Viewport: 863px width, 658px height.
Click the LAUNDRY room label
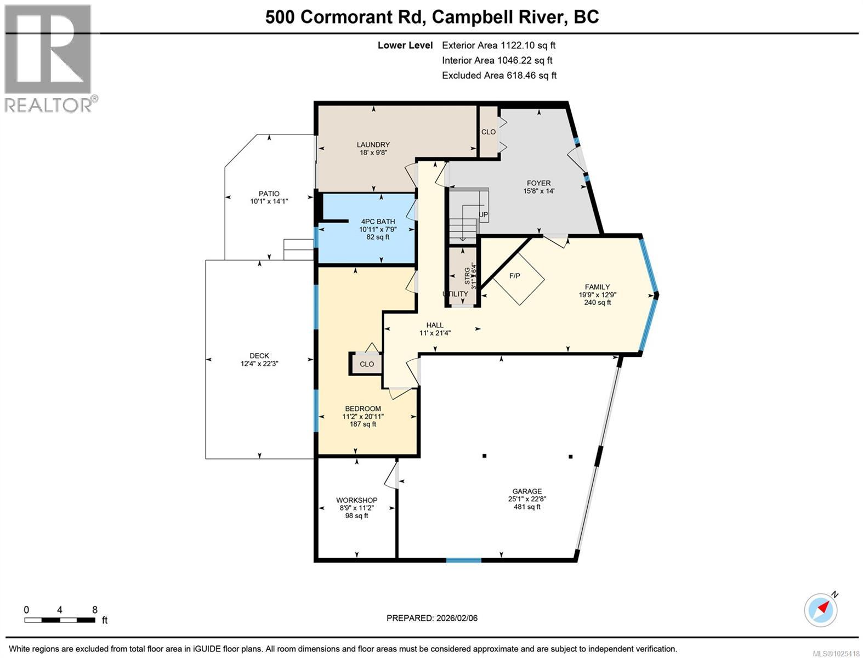[x=375, y=145]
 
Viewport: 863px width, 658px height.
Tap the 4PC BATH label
[x=378, y=222]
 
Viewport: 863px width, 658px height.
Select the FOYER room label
[x=538, y=183]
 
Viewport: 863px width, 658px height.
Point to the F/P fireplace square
[x=518, y=278]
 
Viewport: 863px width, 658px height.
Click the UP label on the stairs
[x=484, y=214]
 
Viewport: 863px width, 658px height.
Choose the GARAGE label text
[x=527, y=491]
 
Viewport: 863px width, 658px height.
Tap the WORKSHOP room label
[x=356, y=500]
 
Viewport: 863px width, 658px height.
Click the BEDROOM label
[x=362, y=409]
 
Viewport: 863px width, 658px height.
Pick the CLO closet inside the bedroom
[x=366, y=364]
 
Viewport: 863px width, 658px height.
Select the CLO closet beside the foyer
[x=488, y=132]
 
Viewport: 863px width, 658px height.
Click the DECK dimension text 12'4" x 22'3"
[x=259, y=364]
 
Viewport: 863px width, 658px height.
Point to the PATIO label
[x=269, y=194]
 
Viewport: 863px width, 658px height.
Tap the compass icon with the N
[x=821, y=610]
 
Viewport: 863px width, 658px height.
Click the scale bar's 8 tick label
[x=95, y=610]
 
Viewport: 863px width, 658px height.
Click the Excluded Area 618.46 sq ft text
[x=499, y=76]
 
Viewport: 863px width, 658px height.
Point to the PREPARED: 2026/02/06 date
[x=432, y=618]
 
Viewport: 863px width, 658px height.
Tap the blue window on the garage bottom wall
[x=463, y=560]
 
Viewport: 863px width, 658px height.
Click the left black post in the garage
[x=484, y=455]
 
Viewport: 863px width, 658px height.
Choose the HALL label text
[x=435, y=325]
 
